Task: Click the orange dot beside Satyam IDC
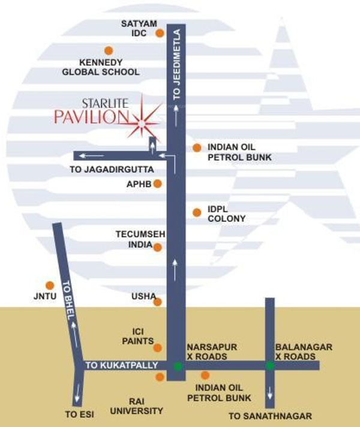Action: click(160, 34)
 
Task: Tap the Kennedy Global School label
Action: click(101, 67)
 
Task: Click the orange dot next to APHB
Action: click(158, 184)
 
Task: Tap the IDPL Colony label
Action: click(226, 214)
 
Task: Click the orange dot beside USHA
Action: click(158, 302)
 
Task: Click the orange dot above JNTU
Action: click(50, 285)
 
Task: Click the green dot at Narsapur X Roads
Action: click(177, 366)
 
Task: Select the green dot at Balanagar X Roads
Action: click(270, 365)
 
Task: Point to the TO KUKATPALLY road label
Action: click(121, 365)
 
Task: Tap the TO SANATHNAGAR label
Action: click(271, 416)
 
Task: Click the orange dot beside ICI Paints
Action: click(158, 348)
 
